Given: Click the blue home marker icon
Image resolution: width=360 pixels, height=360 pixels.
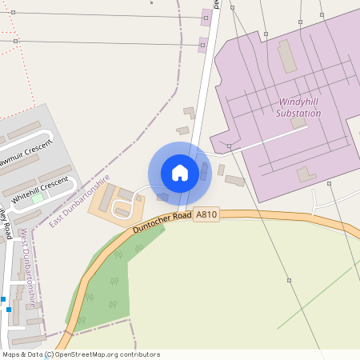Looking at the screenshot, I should click(x=180, y=173).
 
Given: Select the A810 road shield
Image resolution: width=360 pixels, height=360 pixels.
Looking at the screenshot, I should click(x=206, y=214).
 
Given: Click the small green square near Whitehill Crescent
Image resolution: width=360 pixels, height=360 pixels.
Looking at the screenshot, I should click(x=36, y=197).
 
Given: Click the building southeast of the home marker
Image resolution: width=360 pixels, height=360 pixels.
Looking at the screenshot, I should click(x=234, y=181).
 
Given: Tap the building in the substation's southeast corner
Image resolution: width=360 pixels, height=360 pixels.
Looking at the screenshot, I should click(x=306, y=174).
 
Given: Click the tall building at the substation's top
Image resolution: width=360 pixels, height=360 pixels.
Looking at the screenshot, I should click(x=286, y=56).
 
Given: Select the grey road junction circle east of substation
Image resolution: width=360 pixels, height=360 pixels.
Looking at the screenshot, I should click(x=330, y=184).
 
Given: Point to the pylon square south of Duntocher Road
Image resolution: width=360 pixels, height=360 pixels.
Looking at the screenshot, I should click(x=289, y=280).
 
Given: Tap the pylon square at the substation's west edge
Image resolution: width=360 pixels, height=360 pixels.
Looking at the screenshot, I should click(x=229, y=146).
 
